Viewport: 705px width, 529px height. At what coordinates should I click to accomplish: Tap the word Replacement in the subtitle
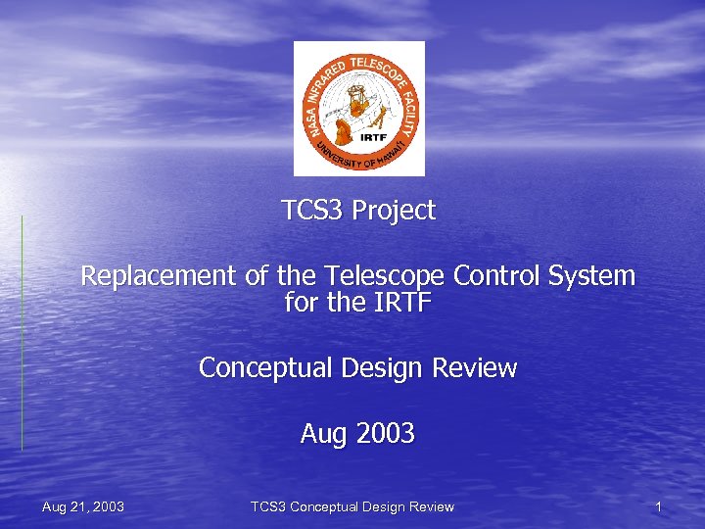(157, 276)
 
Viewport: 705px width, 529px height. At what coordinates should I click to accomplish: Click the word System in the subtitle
(591, 276)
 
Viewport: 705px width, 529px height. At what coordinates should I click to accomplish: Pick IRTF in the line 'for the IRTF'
(401, 303)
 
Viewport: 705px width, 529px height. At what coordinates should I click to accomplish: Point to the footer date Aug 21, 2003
(83, 506)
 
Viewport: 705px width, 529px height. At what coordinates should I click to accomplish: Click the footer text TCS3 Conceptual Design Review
(352, 506)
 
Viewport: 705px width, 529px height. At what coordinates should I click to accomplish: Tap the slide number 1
(659, 506)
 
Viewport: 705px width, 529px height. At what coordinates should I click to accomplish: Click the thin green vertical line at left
(22, 333)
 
